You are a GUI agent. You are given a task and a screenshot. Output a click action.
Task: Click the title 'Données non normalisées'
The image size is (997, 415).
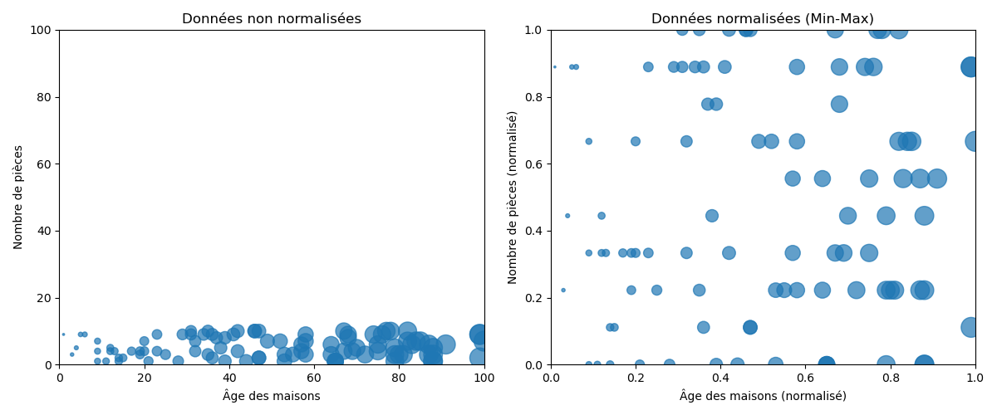(x=272, y=18)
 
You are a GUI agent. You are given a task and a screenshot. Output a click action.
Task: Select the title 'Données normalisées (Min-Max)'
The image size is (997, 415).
(x=763, y=18)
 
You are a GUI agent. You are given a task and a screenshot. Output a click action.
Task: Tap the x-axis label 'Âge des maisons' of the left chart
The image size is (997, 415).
(x=272, y=396)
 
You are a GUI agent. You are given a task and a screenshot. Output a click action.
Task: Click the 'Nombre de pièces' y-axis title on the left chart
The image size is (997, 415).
(x=18, y=197)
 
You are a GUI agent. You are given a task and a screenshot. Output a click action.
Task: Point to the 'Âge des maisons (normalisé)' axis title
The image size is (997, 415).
(x=763, y=396)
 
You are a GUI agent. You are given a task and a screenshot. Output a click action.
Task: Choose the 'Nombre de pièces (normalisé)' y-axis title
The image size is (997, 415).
(x=513, y=197)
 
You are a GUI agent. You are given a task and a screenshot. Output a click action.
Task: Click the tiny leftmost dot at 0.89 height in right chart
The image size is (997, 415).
(x=555, y=67)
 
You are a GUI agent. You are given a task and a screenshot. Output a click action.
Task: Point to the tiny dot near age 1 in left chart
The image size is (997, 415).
(x=63, y=334)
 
